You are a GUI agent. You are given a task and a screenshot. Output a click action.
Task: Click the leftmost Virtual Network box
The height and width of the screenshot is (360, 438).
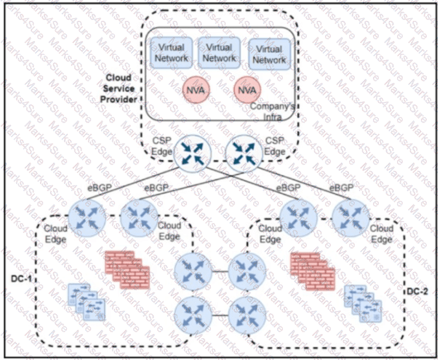tap(170, 52)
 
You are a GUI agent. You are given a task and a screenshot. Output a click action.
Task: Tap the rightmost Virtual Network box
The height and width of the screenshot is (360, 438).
tap(269, 53)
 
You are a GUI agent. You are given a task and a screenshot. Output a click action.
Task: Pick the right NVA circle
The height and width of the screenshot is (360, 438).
tap(247, 89)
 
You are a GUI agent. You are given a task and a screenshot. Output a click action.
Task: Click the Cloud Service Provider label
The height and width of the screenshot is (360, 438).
tap(120, 88)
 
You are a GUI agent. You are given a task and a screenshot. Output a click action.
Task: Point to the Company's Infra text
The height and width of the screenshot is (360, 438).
tap(272, 111)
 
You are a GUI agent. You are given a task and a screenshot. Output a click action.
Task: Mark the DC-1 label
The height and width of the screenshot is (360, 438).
tap(22, 279)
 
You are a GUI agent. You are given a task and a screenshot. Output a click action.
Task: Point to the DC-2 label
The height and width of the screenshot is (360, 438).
tap(417, 291)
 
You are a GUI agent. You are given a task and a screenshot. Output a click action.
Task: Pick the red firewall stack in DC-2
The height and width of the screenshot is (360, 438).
tap(312, 272)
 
